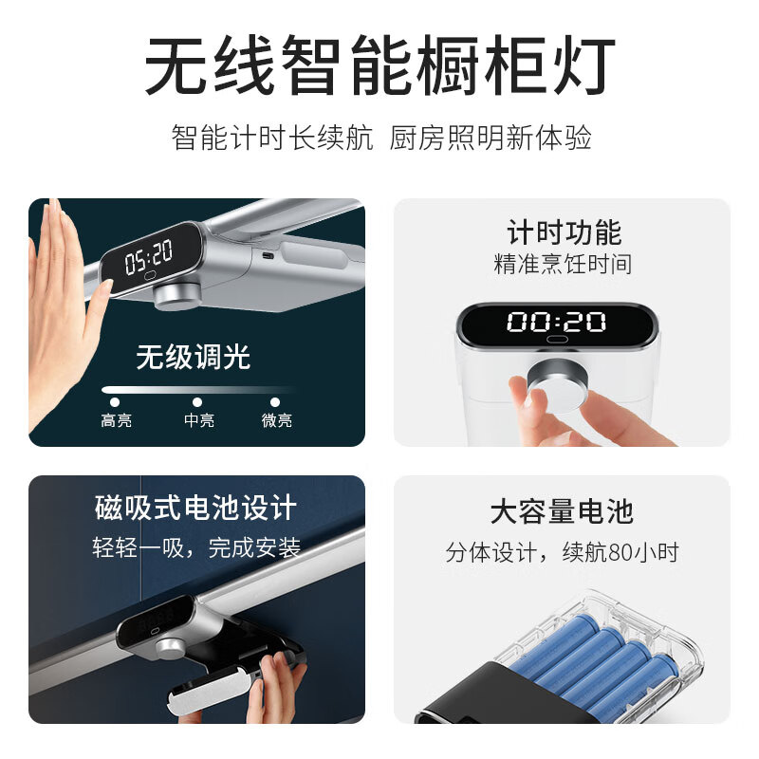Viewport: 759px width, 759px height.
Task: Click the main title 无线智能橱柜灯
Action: point(380,65)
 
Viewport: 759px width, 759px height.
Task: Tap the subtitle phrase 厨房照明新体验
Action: point(491,138)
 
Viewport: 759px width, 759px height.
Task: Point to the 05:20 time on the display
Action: point(149,256)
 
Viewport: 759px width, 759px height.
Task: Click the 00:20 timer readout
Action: point(556,322)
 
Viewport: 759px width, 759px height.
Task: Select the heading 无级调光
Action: point(194,357)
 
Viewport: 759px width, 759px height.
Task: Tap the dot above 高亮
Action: point(115,401)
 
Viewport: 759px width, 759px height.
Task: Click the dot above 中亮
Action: point(197,401)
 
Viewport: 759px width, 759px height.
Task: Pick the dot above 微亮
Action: point(275,401)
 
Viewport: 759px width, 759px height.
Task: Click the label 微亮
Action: point(277,419)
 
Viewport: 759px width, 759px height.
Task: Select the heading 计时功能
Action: point(564,232)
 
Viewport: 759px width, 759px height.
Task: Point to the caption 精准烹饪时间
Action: point(563,264)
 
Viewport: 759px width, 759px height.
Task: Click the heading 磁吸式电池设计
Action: point(195,508)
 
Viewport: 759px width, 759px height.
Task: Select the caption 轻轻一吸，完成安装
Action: point(196,547)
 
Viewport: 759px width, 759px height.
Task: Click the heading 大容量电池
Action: point(562,511)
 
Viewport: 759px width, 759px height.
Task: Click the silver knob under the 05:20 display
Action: point(177,296)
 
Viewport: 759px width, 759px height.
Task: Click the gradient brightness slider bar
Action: point(198,389)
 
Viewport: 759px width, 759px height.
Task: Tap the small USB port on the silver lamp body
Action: point(268,255)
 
